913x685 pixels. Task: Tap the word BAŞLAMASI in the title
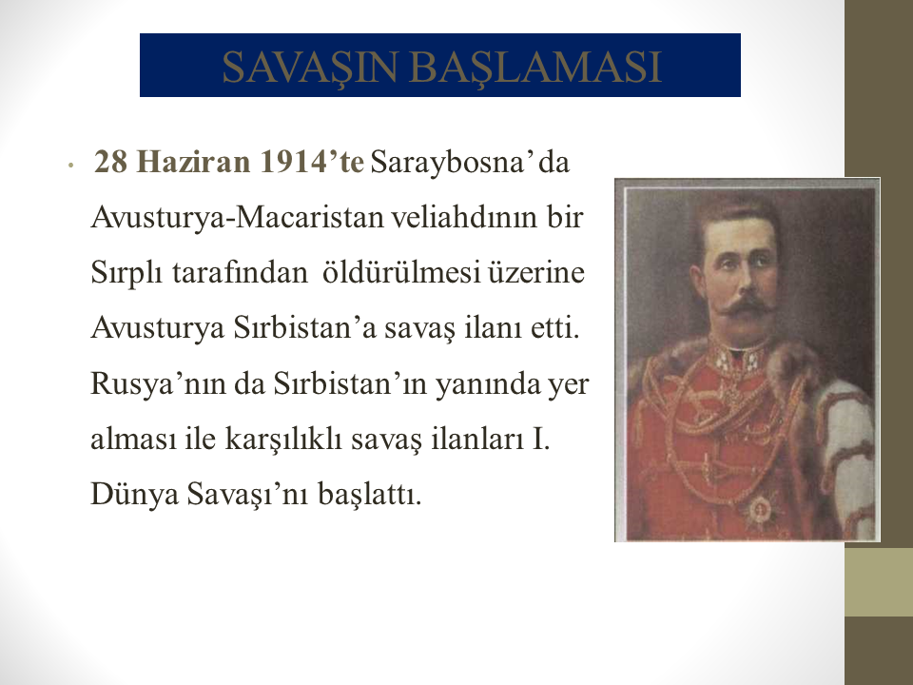tap(535, 67)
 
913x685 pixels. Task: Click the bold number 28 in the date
tap(110, 162)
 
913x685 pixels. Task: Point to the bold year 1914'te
tap(312, 162)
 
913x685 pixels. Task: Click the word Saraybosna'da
tap(470, 163)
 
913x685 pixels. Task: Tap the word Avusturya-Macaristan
tap(238, 218)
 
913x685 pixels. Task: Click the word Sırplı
tap(126, 273)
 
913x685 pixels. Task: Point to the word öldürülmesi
tap(401, 272)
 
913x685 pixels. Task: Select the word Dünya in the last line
tap(134, 495)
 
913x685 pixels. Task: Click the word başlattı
tap(369, 495)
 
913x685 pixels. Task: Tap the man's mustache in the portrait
tap(746, 307)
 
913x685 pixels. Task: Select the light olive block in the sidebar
tap(879, 582)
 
